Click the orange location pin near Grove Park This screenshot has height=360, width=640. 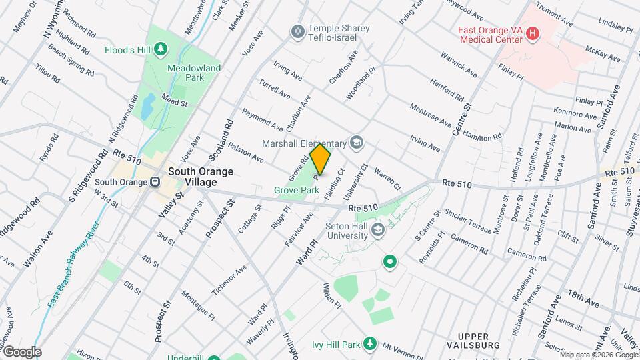point(320,160)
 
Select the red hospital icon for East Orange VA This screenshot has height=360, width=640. point(532,33)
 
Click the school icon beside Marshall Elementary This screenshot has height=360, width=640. point(357,143)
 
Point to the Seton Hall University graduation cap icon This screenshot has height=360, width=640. point(378,231)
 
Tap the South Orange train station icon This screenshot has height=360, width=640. point(155,181)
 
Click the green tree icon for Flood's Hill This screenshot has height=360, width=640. point(160,49)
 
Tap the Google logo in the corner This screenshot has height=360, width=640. point(22,351)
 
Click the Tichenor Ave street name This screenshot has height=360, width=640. point(229,279)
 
